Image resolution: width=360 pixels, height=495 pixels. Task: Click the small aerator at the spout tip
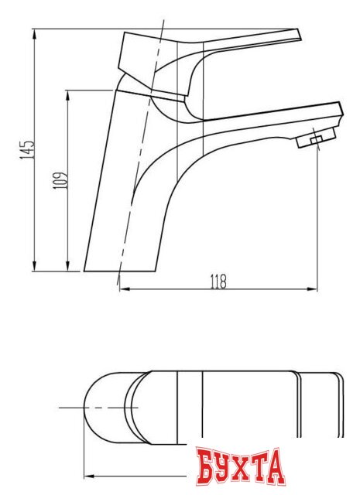(x=313, y=140)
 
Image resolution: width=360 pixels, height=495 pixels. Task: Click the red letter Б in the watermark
(x=207, y=468)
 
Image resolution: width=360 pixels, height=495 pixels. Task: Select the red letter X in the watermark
(x=249, y=468)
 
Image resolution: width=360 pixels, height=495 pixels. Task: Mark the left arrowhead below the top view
(x=87, y=474)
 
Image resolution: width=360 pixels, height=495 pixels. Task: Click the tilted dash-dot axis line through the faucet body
(x=143, y=155)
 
